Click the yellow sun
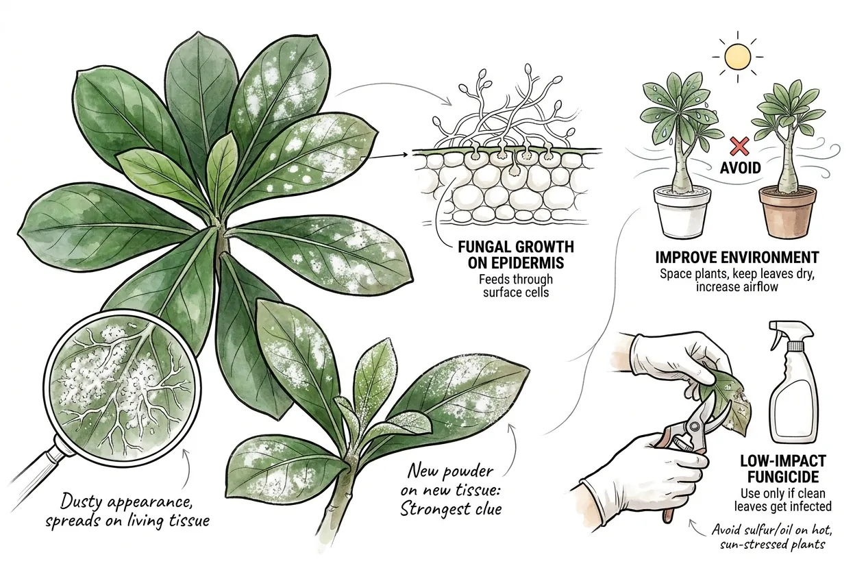pos(738,58)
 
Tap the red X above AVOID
pos(739,147)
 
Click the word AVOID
pos(740,168)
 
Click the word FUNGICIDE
pos(783,477)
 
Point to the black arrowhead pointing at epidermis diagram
pos(406,155)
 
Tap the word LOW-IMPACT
pos(783,461)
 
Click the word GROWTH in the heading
pos(545,247)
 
